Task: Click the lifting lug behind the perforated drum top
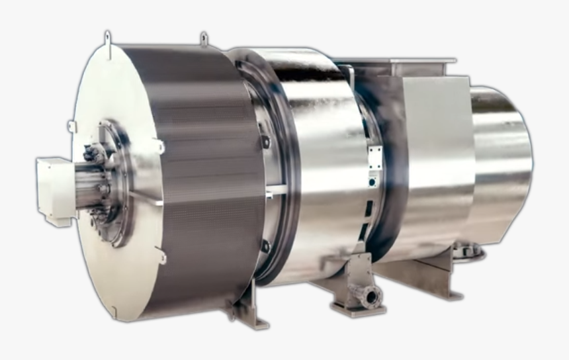click(x=204, y=40)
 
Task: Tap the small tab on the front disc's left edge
click(x=71, y=126)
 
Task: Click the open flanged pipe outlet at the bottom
click(x=370, y=297)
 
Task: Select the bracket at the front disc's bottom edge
click(x=161, y=255)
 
